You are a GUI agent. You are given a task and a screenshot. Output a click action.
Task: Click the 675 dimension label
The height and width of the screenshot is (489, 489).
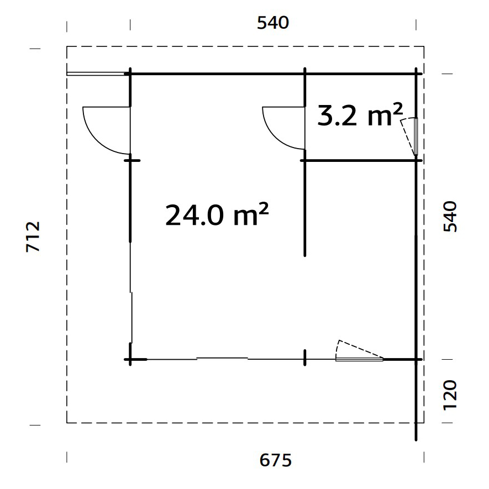[x=274, y=460]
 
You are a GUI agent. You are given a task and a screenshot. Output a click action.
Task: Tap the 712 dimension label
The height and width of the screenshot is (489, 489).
[x=34, y=236]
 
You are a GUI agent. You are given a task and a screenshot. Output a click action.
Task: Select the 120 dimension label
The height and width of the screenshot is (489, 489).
[x=451, y=394]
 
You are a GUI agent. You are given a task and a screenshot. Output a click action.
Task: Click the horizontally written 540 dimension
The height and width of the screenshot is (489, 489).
[x=273, y=23]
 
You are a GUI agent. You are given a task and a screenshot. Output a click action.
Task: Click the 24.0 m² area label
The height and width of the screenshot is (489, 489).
[x=217, y=214]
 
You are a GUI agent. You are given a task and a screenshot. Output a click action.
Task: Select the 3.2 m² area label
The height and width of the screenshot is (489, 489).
[x=360, y=115]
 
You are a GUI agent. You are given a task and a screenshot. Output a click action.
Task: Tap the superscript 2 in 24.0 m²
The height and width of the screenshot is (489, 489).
[x=263, y=208]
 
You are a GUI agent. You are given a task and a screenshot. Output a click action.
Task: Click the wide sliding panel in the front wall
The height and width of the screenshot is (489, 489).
[x=222, y=359]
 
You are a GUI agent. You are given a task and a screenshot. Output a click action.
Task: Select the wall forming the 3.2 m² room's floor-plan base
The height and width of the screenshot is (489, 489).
[x=359, y=160]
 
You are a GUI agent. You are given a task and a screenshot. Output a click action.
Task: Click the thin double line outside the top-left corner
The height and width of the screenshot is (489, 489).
[x=95, y=73]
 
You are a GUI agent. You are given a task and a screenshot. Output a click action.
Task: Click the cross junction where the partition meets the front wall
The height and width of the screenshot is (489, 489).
[x=304, y=358]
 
